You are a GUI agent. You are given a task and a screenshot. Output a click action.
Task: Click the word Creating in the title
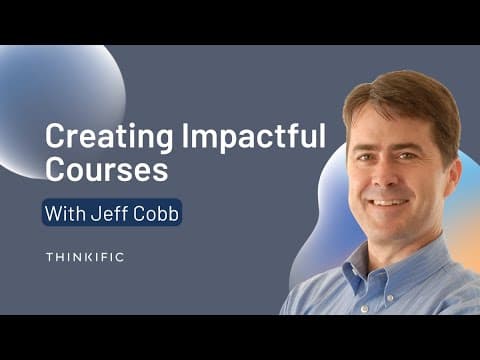[109, 137]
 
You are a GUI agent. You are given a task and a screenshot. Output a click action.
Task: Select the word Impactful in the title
[253, 137]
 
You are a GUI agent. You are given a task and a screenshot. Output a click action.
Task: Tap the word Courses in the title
[106, 169]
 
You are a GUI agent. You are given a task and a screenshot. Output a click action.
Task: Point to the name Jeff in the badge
[109, 213]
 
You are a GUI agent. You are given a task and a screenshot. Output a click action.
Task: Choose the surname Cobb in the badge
[156, 213]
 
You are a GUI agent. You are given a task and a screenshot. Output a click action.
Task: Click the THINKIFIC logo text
[85, 257]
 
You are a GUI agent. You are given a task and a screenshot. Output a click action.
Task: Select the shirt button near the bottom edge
[364, 308]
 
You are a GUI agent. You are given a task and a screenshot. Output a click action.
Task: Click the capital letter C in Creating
[54, 137]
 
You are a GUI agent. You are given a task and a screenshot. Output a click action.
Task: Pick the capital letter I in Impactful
[185, 137]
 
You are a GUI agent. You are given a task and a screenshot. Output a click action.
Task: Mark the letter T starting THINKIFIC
[50, 257]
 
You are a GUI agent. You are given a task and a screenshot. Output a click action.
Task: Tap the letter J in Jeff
[96, 213]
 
